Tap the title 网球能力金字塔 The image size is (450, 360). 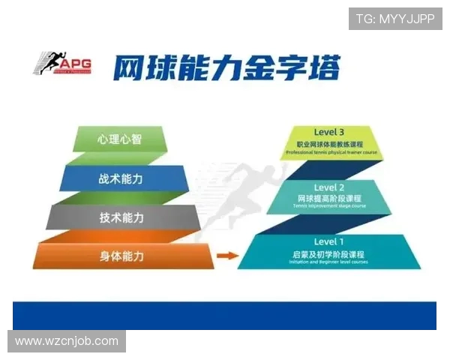point(226,67)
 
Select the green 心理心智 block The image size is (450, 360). point(119,139)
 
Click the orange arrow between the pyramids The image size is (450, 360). point(223,256)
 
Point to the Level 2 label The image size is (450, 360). point(329,187)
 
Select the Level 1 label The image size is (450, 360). point(329,241)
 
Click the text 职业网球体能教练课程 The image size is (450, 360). point(329,144)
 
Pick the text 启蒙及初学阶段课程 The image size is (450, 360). point(329,254)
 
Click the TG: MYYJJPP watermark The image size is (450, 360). point(395,19)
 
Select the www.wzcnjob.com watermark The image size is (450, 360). point(67,341)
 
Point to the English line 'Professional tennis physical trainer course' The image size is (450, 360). point(329,154)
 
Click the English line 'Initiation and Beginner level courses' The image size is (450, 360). point(329,262)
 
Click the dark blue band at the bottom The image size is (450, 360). point(224,315)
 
